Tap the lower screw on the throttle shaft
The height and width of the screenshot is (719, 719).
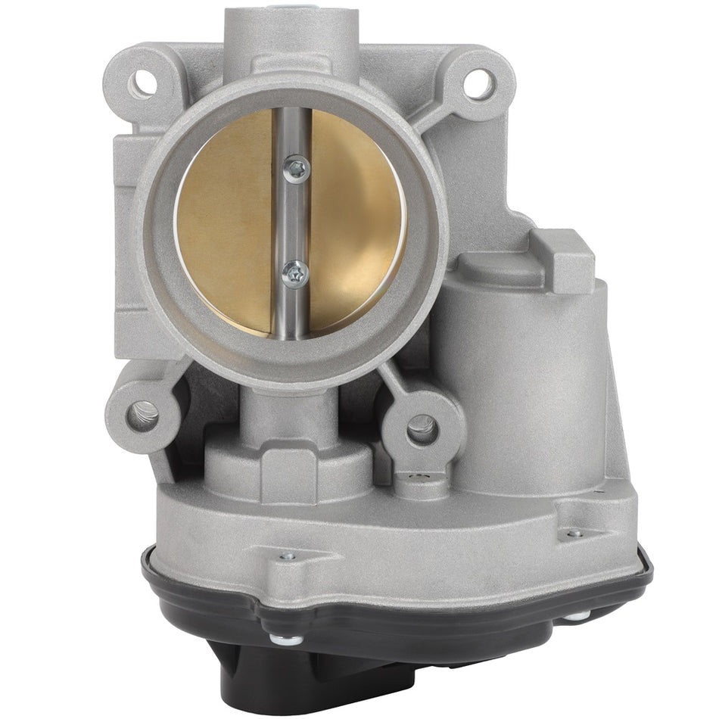pyautogui.click(x=294, y=272)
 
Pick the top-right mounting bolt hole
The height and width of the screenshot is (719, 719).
pyautogui.click(x=477, y=82)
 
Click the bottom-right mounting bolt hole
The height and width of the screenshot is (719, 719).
pyautogui.click(x=422, y=430)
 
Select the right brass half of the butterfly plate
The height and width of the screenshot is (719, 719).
pyautogui.click(x=356, y=219)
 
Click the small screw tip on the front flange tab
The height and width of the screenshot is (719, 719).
pyautogui.click(x=285, y=556)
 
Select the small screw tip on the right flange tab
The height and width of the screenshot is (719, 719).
pyautogui.click(x=574, y=534)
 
